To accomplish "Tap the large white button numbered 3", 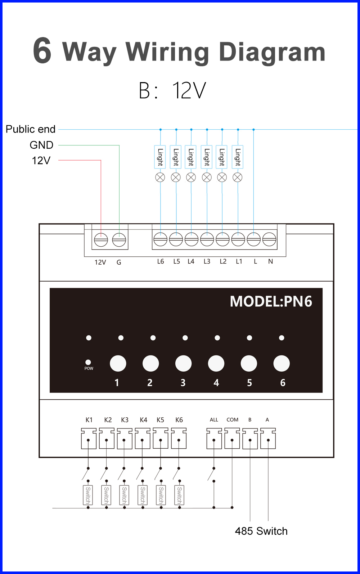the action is [x=183, y=363].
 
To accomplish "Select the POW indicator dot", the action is [x=88, y=362].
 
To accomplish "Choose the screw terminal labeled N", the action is [x=269, y=239].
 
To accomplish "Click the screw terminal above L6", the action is [x=161, y=239].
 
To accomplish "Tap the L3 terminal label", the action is [x=207, y=261].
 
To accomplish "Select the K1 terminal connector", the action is [x=89, y=439].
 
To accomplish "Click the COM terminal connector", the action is [x=232, y=439].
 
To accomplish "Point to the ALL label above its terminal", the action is [x=214, y=420].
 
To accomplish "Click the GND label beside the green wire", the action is [x=41, y=145].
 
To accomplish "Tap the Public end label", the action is [x=31, y=129].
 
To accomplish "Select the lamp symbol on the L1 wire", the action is [x=238, y=177].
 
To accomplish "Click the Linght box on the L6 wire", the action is [x=160, y=157].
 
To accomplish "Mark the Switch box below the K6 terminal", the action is [x=179, y=495].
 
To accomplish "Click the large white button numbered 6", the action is [x=282, y=363].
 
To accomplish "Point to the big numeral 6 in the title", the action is [x=42, y=50].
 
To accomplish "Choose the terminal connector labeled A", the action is [x=268, y=439].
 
